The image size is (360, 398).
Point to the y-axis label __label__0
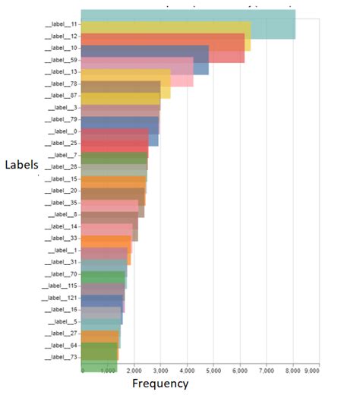tap(62, 131)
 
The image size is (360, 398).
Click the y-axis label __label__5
tap(62, 321)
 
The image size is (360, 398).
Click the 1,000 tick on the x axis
tap(108, 370)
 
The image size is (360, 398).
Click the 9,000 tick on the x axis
tap(312, 370)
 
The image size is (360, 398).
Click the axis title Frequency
tap(160, 384)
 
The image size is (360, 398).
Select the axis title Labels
tap(20, 164)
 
